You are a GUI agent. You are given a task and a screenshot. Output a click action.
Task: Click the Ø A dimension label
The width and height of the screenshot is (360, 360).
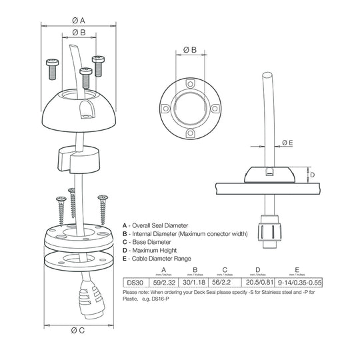[x=79, y=20]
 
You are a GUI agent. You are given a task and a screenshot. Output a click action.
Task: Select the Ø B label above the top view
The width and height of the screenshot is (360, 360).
[x=189, y=50]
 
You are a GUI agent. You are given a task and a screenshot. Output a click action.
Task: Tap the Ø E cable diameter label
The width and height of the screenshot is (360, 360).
[x=287, y=142]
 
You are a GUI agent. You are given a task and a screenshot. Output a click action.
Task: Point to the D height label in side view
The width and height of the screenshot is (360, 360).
[x=313, y=175]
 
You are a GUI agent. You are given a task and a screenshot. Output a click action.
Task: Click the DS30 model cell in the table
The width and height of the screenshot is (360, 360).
[x=134, y=283]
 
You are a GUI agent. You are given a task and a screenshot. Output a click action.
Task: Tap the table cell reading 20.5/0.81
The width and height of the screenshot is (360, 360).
[x=259, y=283]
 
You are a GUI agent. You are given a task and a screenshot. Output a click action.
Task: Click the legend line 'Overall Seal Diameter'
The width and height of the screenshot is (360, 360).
[x=161, y=226]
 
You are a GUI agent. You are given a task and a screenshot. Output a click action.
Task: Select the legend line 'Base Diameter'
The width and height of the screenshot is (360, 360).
[x=152, y=242]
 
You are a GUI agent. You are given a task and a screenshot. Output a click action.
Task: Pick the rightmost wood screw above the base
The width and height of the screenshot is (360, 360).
[x=103, y=208]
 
